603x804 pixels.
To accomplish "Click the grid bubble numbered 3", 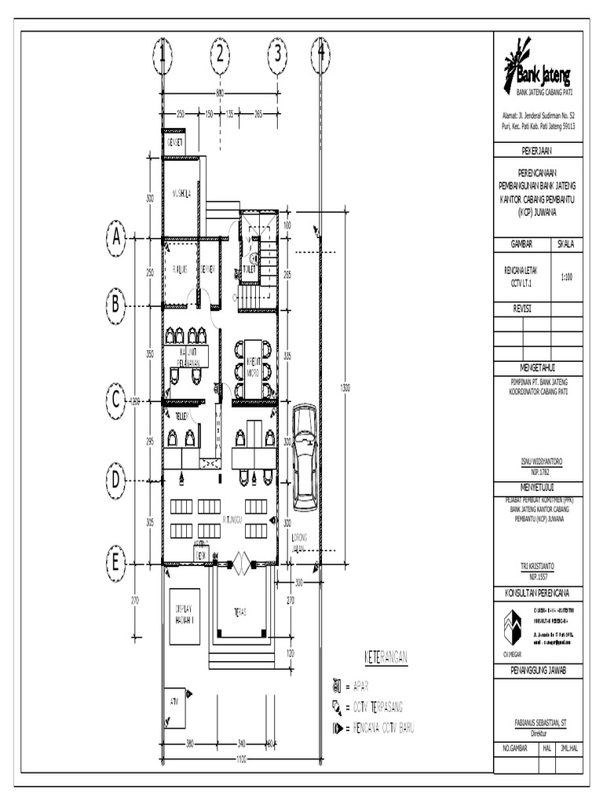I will tap(277, 54).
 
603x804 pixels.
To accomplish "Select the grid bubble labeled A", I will tap(115, 237).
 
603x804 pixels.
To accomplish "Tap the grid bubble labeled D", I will tap(115, 479).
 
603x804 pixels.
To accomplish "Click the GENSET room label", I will tap(174, 143).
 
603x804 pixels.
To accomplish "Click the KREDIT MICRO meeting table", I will tap(253, 367).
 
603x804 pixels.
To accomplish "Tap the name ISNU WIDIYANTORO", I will tap(538, 463).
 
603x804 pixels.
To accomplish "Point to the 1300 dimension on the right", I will tap(343, 387).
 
